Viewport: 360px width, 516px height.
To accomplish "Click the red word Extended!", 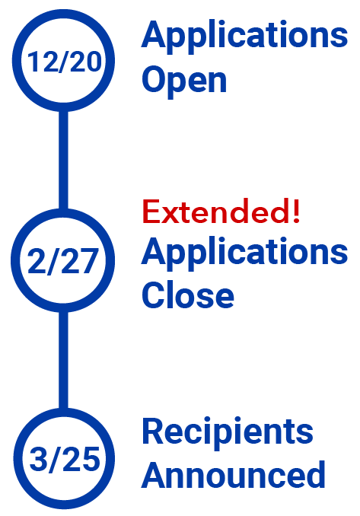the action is pyautogui.click(x=221, y=212).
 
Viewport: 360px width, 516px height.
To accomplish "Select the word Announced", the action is pyautogui.click(x=234, y=474).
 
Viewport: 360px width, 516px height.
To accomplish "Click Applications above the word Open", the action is pyautogui.click(x=244, y=37).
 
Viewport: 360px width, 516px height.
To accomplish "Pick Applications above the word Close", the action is pyautogui.click(x=244, y=253).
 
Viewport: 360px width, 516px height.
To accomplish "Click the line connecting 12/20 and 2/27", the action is pyautogui.click(x=63, y=160).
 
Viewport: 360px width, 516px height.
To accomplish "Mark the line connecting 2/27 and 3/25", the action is pyautogui.click(x=63, y=360).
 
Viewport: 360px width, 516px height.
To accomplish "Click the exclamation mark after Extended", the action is pyautogui.click(x=296, y=212).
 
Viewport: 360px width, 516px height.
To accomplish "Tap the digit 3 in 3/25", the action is pyautogui.click(x=38, y=459).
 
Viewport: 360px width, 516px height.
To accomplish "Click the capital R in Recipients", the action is pyautogui.click(x=152, y=431).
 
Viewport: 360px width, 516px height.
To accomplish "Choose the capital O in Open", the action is pyautogui.click(x=154, y=79).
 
